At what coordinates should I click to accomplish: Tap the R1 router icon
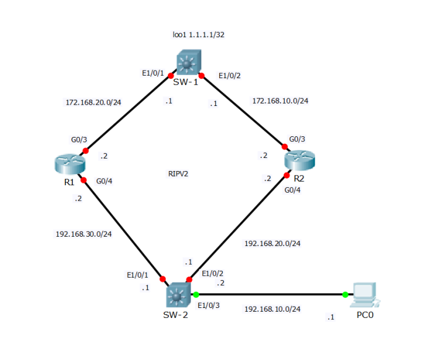coord(68,165)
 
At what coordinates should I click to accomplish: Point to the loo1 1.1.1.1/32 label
coord(198,35)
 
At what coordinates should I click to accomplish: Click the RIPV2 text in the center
coord(178,174)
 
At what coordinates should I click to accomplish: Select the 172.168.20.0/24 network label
coord(93,102)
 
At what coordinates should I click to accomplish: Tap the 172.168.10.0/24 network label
coord(280,100)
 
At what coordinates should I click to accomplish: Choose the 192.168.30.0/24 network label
coord(84,234)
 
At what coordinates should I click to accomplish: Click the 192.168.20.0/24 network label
coord(272,244)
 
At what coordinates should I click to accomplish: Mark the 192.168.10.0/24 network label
coord(272,309)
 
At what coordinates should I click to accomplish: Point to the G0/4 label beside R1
coord(104,182)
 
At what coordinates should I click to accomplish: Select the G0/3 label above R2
coord(297,139)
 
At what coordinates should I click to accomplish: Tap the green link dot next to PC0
coord(345,294)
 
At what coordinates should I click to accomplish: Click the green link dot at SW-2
coord(195,294)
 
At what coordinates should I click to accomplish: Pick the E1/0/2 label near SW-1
coord(230,76)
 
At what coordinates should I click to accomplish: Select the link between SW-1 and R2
coord(243,112)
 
